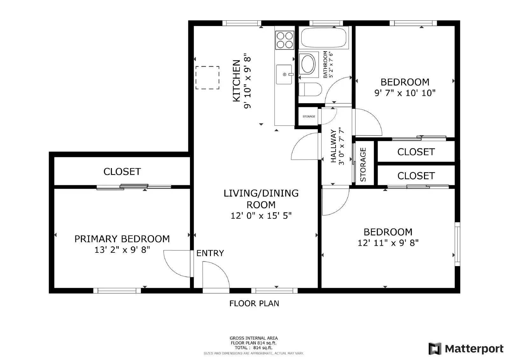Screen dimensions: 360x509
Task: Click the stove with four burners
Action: point(284,40)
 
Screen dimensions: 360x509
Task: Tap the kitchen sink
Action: point(284,74)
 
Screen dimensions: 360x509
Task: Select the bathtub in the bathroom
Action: point(324,38)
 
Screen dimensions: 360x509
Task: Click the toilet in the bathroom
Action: point(310,89)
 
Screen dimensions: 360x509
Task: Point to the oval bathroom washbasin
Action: point(308,64)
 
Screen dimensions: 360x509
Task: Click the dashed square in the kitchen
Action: point(207,78)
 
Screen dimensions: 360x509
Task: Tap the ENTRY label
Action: point(210,253)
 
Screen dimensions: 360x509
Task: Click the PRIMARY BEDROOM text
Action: point(122,239)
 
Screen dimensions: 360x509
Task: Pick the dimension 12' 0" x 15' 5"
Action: point(261,216)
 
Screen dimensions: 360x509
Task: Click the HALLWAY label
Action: point(333,146)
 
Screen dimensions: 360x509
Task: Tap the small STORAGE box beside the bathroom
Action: point(309,116)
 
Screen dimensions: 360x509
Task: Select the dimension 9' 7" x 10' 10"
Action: point(405,93)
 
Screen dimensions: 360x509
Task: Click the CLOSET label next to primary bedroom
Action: point(122,172)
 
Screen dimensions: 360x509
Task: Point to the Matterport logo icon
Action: point(435,349)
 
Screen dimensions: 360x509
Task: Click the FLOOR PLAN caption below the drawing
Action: point(254,303)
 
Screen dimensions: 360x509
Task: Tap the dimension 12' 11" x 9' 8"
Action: point(388,243)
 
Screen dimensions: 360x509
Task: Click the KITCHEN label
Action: point(236,81)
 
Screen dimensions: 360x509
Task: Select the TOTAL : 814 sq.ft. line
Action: point(254,348)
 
